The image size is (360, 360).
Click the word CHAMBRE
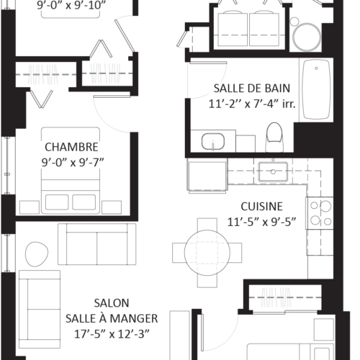click(72, 148)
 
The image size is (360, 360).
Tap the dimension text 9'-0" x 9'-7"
click(72, 163)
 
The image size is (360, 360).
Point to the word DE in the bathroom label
click(254, 89)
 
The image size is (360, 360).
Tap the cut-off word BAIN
click(276, 89)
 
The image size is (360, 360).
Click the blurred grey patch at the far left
click(42, 75)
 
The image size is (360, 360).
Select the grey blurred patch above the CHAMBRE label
click(103, 72)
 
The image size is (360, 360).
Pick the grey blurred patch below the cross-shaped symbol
click(276, 298)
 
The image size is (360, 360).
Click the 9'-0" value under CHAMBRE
click(53, 163)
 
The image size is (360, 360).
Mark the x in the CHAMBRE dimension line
click(73, 163)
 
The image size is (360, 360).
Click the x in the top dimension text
click(70, 6)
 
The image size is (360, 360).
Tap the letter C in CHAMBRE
click(47, 148)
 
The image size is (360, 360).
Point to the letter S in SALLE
click(217, 89)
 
